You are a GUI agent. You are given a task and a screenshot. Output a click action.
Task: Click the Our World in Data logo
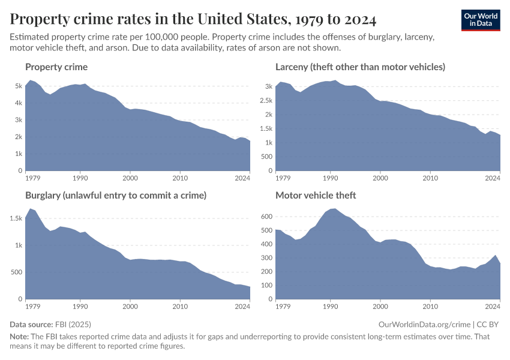[x=481, y=20]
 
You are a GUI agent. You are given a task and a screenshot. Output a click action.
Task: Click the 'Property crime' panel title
[x=56, y=67]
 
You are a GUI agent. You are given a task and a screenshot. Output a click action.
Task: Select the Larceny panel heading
[x=360, y=67]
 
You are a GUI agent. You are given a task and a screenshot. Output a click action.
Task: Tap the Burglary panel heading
[x=116, y=195]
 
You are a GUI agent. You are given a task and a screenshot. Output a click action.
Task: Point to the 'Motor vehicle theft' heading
[x=316, y=195]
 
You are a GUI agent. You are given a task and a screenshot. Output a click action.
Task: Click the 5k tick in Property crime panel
[x=19, y=86]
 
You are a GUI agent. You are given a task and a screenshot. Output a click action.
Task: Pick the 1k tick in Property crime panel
[x=19, y=154]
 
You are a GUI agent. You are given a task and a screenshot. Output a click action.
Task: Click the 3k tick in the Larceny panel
[x=268, y=86]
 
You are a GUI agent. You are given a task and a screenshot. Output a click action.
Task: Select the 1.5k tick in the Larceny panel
[x=266, y=128]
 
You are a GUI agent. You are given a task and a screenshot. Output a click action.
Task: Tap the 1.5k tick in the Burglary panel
[x=16, y=218]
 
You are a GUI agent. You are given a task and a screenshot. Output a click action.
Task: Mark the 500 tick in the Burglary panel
[x=17, y=272]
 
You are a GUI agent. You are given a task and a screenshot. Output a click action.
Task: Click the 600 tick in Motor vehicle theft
[x=266, y=217]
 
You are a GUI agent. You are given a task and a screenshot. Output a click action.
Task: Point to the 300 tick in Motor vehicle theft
[x=266, y=258]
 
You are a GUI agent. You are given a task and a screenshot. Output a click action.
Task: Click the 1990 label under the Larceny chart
[x=329, y=178]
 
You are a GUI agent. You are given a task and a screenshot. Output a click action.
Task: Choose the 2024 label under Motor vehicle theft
[x=492, y=307]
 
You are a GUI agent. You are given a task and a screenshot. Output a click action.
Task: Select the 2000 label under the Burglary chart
[x=130, y=307]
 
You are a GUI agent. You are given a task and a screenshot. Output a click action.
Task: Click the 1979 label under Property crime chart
[x=33, y=178]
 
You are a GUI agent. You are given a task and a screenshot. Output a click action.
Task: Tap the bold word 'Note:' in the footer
[x=20, y=337]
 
